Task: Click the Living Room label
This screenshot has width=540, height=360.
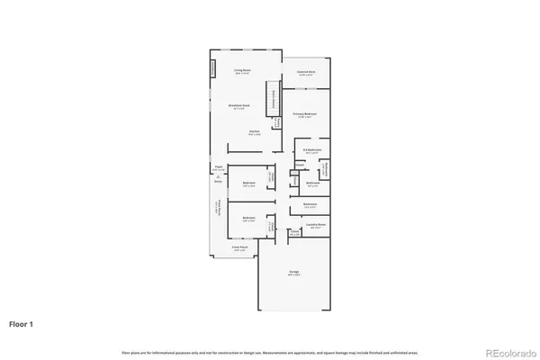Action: pos(241,69)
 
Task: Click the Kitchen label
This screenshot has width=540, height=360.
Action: pos(255,132)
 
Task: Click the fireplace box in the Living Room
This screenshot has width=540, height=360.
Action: pos(213,69)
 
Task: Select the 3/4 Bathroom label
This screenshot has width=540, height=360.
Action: pos(313,151)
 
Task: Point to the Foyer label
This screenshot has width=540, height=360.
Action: pos(218,168)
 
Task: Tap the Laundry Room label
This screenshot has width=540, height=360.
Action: pos(315,226)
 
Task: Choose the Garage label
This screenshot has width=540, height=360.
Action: pos(294,272)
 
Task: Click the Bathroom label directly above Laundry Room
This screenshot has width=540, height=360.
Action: pos(310,205)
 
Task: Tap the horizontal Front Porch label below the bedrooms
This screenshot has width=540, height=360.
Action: pos(240,247)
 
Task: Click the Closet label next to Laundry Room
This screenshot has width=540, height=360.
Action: pos(293,231)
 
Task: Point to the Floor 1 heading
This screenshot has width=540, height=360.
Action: pos(23,322)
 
